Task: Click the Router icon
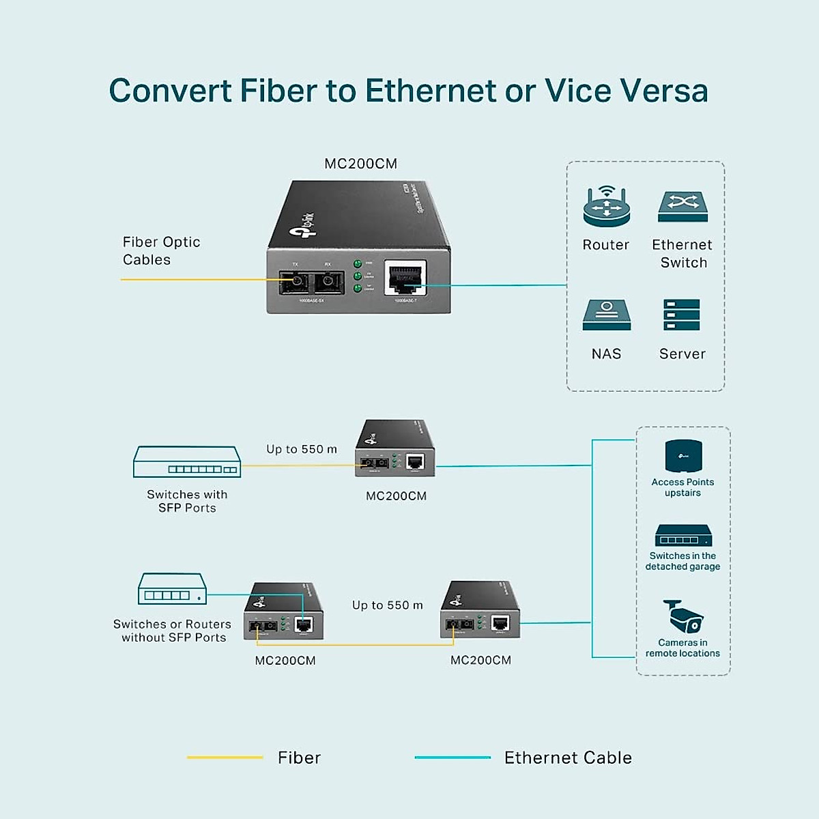click(x=606, y=206)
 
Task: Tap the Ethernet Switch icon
click(x=682, y=207)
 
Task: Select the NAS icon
click(x=606, y=315)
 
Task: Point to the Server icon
click(x=681, y=315)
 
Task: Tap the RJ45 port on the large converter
click(x=405, y=278)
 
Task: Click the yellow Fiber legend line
click(x=225, y=758)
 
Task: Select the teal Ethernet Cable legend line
click(x=452, y=758)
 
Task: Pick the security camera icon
click(x=682, y=617)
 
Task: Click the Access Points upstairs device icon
click(x=683, y=456)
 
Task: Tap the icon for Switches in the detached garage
click(x=683, y=536)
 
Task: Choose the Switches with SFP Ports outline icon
click(x=187, y=462)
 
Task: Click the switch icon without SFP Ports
click(x=172, y=589)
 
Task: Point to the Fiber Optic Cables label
click(x=161, y=250)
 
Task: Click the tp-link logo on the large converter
click(x=302, y=226)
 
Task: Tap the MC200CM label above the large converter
click(x=360, y=164)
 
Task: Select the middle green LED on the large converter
click(x=357, y=276)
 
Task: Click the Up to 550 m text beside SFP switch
click(x=302, y=449)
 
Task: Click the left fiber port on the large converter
click(x=296, y=281)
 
